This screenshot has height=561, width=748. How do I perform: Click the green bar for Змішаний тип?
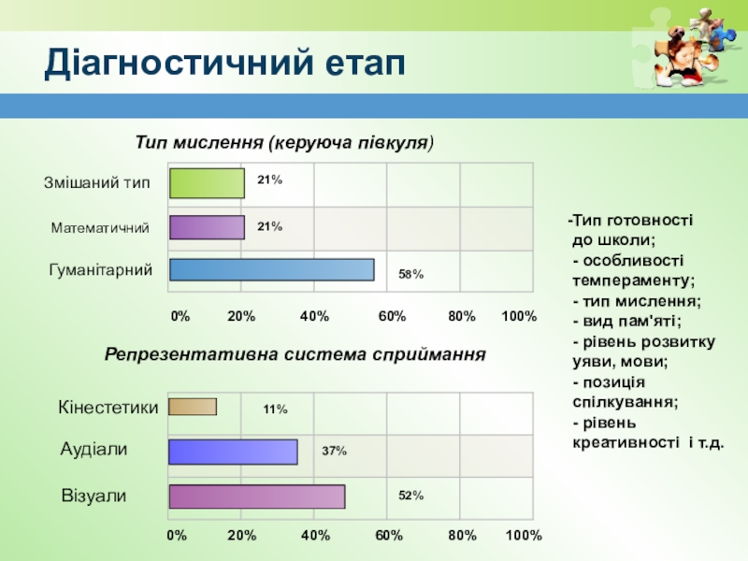(207, 183)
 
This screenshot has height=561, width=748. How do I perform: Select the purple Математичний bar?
(207, 228)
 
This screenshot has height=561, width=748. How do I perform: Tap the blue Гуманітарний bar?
(271, 269)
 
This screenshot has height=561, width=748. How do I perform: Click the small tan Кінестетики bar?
(193, 407)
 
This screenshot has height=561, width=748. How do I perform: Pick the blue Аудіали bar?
(233, 452)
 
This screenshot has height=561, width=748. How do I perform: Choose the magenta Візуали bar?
(256, 496)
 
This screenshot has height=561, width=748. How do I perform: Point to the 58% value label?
(411, 275)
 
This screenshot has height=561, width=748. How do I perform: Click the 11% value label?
(275, 410)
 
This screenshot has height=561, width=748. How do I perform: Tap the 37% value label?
(335, 451)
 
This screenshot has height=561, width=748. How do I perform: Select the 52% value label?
(411, 496)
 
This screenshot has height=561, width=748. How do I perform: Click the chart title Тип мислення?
(286, 143)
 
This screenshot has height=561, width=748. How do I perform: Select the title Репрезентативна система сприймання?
(295, 355)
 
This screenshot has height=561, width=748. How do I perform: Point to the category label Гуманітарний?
(101, 270)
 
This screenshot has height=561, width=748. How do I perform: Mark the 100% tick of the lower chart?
(524, 536)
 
